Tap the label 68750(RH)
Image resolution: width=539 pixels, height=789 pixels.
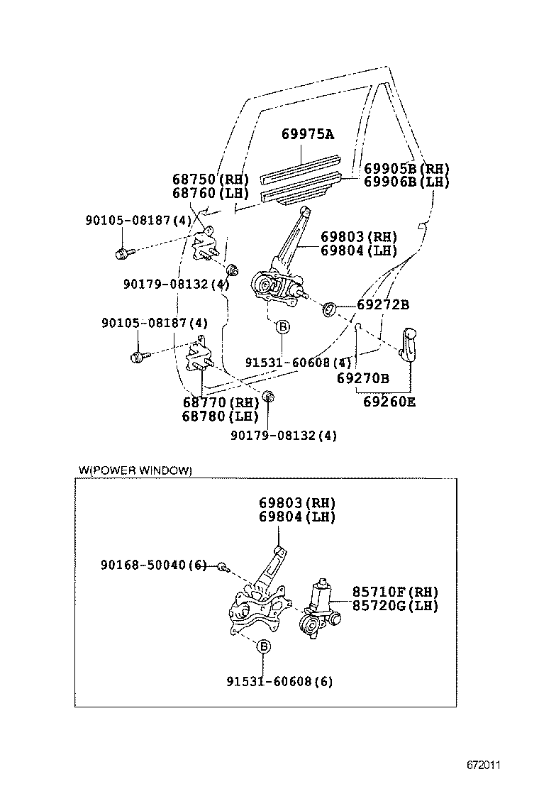pyautogui.click(x=207, y=180)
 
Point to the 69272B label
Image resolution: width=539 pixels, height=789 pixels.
pyautogui.click(x=382, y=305)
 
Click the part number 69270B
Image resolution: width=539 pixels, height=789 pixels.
pyautogui.click(x=362, y=379)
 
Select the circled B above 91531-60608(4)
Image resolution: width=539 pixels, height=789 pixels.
pyautogui.click(x=282, y=327)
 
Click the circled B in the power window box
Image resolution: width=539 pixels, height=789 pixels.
pyautogui.click(x=263, y=646)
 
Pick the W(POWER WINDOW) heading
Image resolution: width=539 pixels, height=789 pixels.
pyautogui.click(x=135, y=470)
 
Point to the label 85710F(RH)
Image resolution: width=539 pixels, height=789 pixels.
pyautogui.click(x=395, y=592)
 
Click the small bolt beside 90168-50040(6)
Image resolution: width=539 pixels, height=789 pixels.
pyautogui.click(x=222, y=566)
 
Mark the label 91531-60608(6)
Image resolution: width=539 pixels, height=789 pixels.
pyautogui.click(x=279, y=682)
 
